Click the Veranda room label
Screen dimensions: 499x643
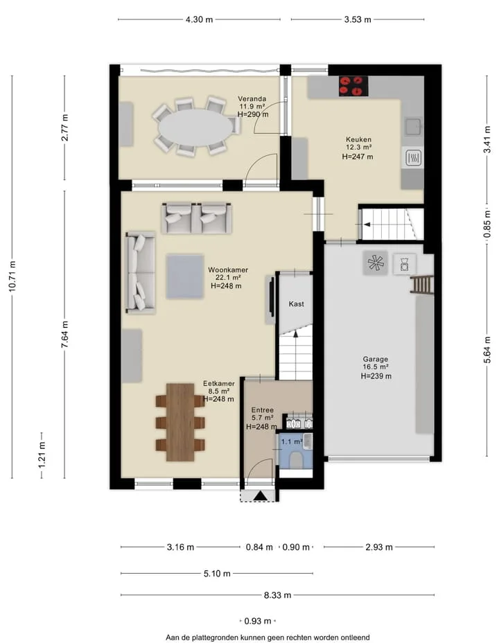pyautogui.click(x=252, y=99)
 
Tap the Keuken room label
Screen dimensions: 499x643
pyautogui.click(x=358, y=139)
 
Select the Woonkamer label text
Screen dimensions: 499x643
pyautogui.click(x=228, y=270)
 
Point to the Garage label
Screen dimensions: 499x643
pyautogui.click(x=375, y=359)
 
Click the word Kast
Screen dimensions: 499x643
pyautogui.click(x=296, y=304)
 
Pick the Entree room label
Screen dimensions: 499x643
pyautogui.click(x=263, y=409)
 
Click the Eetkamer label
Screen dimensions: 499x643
pyautogui.click(x=219, y=383)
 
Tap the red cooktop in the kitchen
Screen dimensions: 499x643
pyautogui.click(x=353, y=86)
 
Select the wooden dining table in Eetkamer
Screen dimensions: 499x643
pyautogui.click(x=180, y=422)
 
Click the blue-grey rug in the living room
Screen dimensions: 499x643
pyautogui.click(x=185, y=276)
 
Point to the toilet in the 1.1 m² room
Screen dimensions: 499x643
pyautogui.click(x=296, y=459)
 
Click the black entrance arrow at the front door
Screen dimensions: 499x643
pyautogui.click(x=260, y=496)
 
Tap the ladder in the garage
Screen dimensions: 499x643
pyautogui.click(x=422, y=285)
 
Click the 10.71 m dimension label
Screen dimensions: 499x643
pyautogui.click(x=12, y=276)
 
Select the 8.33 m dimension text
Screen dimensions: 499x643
pyautogui.click(x=278, y=595)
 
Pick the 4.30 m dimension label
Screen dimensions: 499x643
pyautogui.click(x=200, y=19)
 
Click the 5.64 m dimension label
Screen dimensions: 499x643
pyautogui.click(x=487, y=350)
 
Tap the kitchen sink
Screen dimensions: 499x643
pyautogui.click(x=413, y=127)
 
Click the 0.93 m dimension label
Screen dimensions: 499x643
pyautogui.click(x=258, y=622)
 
